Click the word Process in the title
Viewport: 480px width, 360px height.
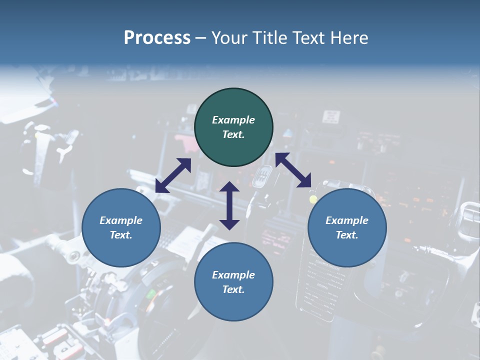[157, 38]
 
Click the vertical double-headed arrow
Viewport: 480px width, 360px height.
[229, 205]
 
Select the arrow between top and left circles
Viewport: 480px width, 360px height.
[173, 175]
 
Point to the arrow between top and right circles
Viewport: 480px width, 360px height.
[293, 170]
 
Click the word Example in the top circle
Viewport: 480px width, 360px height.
[233, 120]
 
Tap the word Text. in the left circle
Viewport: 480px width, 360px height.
[121, 235]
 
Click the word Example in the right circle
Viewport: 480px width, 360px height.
[347, 220]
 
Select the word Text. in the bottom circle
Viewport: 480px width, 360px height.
[233, 289]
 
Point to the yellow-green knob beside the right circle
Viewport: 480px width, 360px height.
[313, 199]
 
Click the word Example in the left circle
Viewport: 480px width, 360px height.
[121, 220]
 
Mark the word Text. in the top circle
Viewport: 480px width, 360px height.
[233, 134]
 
